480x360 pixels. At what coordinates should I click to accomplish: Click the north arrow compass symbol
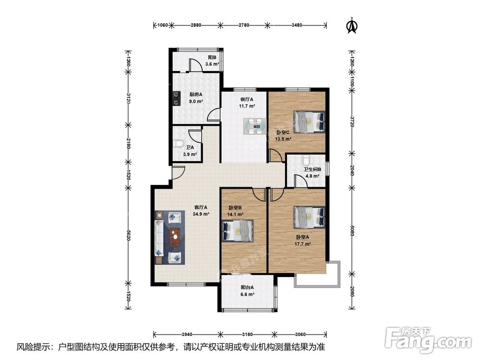[352, 25]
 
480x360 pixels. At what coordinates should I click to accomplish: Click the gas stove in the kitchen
[176, 99]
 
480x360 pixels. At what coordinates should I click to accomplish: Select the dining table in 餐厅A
[255, 126]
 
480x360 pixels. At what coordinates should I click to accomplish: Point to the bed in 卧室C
[310, 122]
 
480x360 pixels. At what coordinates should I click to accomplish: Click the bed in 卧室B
[238, 230]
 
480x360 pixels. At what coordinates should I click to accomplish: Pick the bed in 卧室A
[310, 217]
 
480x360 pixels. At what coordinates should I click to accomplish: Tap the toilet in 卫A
[178, 143]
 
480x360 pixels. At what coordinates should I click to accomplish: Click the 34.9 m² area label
[201, 214]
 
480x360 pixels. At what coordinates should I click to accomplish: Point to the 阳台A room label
[247, 288]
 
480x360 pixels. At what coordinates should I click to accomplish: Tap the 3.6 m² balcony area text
[212, 64]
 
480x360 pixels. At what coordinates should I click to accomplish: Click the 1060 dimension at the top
[163, 25]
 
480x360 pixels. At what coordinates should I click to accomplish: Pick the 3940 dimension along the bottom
[187, 334]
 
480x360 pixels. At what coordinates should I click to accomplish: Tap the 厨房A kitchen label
[196, 95]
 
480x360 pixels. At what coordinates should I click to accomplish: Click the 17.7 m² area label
[303, 244]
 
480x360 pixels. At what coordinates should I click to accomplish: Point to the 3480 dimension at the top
[297, 25]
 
